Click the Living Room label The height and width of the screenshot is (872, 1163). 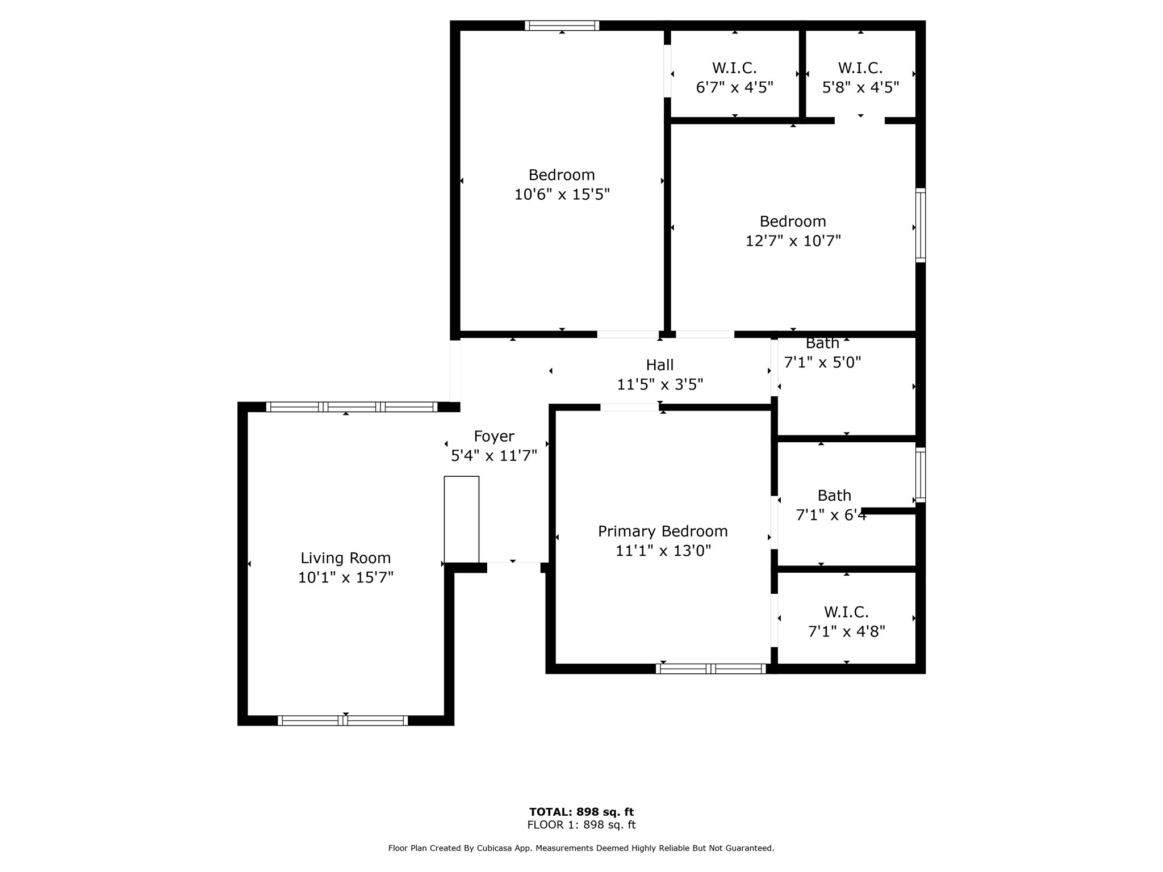(345, 558)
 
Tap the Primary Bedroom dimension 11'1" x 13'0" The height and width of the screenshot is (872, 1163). (663, 551)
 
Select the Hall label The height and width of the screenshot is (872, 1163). (660, 364)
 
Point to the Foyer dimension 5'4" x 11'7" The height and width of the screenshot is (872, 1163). (494, 455)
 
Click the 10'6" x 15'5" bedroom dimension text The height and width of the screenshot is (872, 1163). (562, 194)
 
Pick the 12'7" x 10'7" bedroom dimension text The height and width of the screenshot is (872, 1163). (793, 241)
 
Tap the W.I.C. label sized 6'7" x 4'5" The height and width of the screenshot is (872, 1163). (735, 68)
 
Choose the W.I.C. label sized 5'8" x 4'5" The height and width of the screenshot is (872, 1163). (860, 68)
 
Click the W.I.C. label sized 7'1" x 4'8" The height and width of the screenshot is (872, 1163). (847, 612)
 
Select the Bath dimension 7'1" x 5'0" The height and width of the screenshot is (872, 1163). (823, 362)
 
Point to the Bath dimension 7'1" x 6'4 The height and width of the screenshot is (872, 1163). (831, 515)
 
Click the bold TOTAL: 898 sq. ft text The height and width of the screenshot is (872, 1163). (581, 812)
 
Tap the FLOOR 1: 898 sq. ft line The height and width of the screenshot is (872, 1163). (581, 825)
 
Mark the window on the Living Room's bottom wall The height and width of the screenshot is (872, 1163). (343, 720)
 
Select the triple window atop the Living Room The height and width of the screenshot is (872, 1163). (352, 406)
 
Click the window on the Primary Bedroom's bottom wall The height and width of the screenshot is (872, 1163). (711, 669)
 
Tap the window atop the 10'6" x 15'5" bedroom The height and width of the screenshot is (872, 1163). (562, 26)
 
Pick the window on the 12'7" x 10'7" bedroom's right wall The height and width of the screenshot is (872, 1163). (921, 225)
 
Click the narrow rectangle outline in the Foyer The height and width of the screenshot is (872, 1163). (462, 519)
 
